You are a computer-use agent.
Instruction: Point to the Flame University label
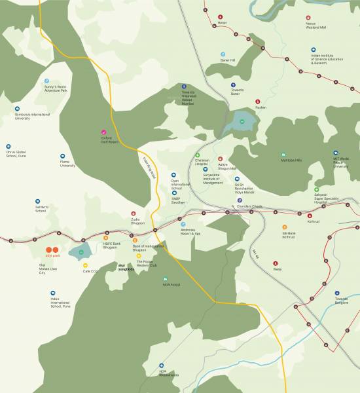67,164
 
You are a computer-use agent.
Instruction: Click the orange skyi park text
52,257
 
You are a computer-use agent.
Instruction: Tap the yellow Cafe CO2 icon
86,266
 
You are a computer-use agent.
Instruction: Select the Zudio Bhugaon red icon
134,214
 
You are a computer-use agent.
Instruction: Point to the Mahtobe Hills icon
283,154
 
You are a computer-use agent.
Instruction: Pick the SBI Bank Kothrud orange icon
284,227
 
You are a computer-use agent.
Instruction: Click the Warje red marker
276,263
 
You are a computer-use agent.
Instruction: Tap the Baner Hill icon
223,54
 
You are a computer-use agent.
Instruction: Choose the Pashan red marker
257,102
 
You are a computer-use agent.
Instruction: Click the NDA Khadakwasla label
168,373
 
